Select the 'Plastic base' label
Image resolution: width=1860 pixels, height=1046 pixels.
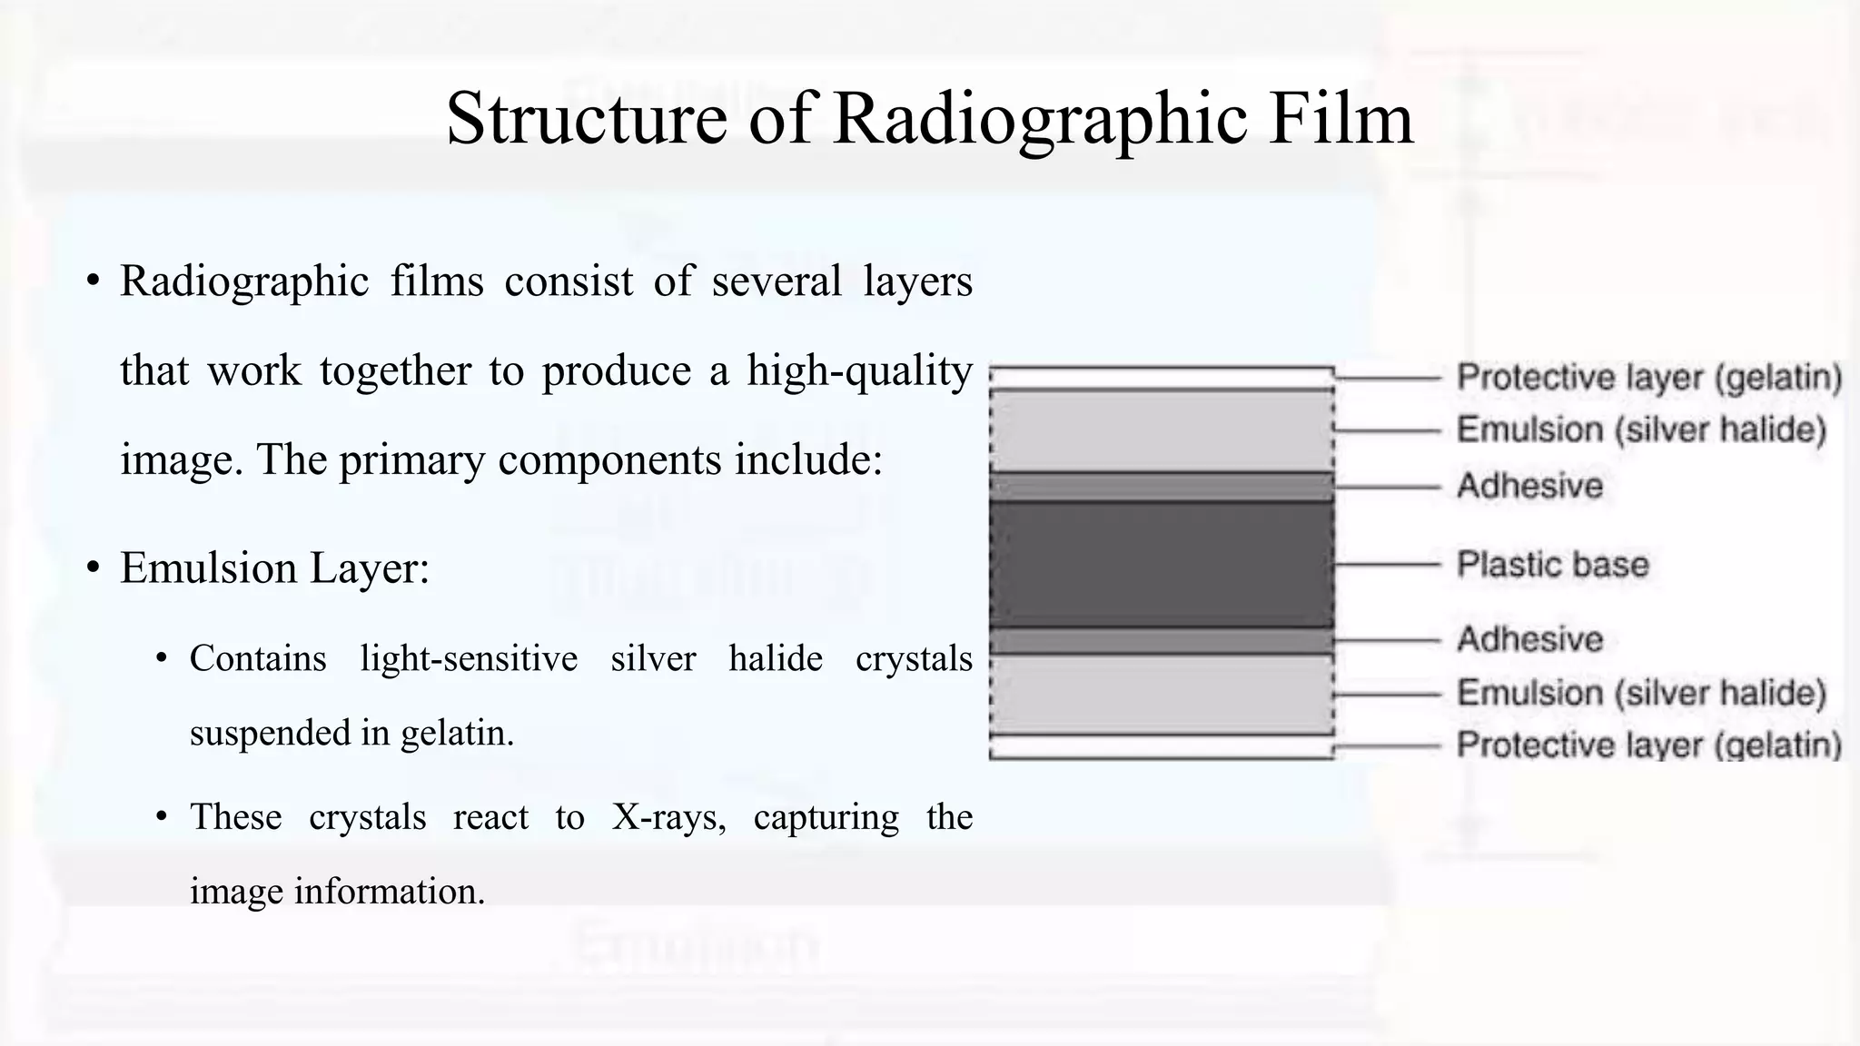(x=1552, y=565)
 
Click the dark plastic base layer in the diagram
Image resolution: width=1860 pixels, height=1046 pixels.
(x=1161, y=565)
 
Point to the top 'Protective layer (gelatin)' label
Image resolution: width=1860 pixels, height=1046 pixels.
(x=1649, y=378)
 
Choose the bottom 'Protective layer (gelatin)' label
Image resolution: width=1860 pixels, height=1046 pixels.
(x=1649, y=745)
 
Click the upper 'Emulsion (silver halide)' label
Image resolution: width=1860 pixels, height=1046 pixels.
(x=1641, y=429)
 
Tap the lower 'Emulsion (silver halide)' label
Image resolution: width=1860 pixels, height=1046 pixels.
(x=1641, y=694)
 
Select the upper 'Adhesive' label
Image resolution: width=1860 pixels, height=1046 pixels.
(x=1530, y=487)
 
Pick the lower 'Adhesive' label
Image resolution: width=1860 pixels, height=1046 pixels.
(x=1530, y=640)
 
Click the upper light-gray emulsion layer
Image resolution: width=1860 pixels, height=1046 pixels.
(x=1161, y=431)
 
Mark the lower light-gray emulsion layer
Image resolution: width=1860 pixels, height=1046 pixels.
(x=1161, y=694)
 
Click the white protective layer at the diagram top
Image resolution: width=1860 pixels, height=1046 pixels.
(x=1161, y=378)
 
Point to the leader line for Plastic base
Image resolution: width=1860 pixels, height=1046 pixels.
(x=1388, y=565)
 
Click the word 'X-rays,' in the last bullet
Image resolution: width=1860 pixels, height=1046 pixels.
(x=669, y=817)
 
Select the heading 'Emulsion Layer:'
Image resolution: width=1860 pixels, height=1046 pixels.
(x=274, y=569)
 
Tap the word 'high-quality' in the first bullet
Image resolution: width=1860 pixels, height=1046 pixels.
(x=859, y=371)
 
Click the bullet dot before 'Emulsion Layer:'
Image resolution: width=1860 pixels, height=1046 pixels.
(x=93, y=569)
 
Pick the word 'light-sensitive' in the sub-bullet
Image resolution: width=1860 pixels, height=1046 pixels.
(x=469, y=658)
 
